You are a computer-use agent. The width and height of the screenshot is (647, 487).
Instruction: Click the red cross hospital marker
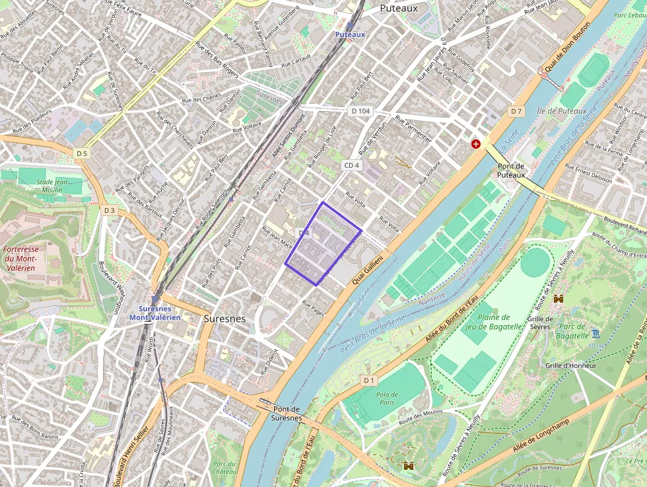pyautogui.click(x=475, y=143)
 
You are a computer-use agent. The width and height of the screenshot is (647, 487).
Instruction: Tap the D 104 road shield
pyautogui.click(x=360, y=111)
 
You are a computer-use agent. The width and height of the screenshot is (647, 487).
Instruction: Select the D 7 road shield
pyautogui.click(x=516, y=111)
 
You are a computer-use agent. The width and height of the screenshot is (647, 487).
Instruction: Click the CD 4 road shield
pyautogui.click(x=351, y=165)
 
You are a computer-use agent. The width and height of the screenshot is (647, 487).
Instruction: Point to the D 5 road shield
pyautogui.click(x=81, y=153)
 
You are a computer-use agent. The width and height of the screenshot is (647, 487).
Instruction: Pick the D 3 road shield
pyautogui.click(x=109, y=210)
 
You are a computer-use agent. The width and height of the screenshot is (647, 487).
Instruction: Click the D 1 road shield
pyautogui.click(x=368, y=380)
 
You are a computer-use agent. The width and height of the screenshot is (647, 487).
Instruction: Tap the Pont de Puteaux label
pyautogui.click(x=511, y=170)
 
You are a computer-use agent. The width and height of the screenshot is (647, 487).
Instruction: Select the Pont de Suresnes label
pyautogui.click(x=287, y=414)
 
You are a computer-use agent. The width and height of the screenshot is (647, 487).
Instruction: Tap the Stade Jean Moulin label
pyautogui.click(x=53, y=185)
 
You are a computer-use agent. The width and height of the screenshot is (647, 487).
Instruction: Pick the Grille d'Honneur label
pyautogui.click(x=571, y=365)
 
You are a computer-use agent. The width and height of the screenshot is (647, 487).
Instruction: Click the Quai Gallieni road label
pyautogui.click(x=367, y=270)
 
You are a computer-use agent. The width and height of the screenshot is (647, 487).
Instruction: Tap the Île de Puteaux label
pyautogui.click(x=561, y=111)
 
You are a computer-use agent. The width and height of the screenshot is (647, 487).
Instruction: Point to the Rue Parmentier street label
pyautogui.click(x=413, y=129)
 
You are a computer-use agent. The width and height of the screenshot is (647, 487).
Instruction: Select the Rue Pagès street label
pyautogui.click(x=314, y=308)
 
